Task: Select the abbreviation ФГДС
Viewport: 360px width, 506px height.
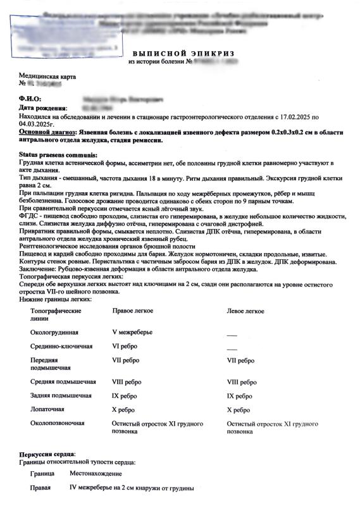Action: click(30, 215)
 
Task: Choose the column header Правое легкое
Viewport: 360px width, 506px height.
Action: click(132, 311)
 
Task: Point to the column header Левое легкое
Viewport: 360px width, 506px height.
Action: click(245, 311)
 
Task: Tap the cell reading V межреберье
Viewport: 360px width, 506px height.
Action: click(132, 331)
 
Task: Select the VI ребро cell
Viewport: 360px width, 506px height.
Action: click(125, 347)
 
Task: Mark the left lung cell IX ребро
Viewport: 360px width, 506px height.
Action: click(240, 396)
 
